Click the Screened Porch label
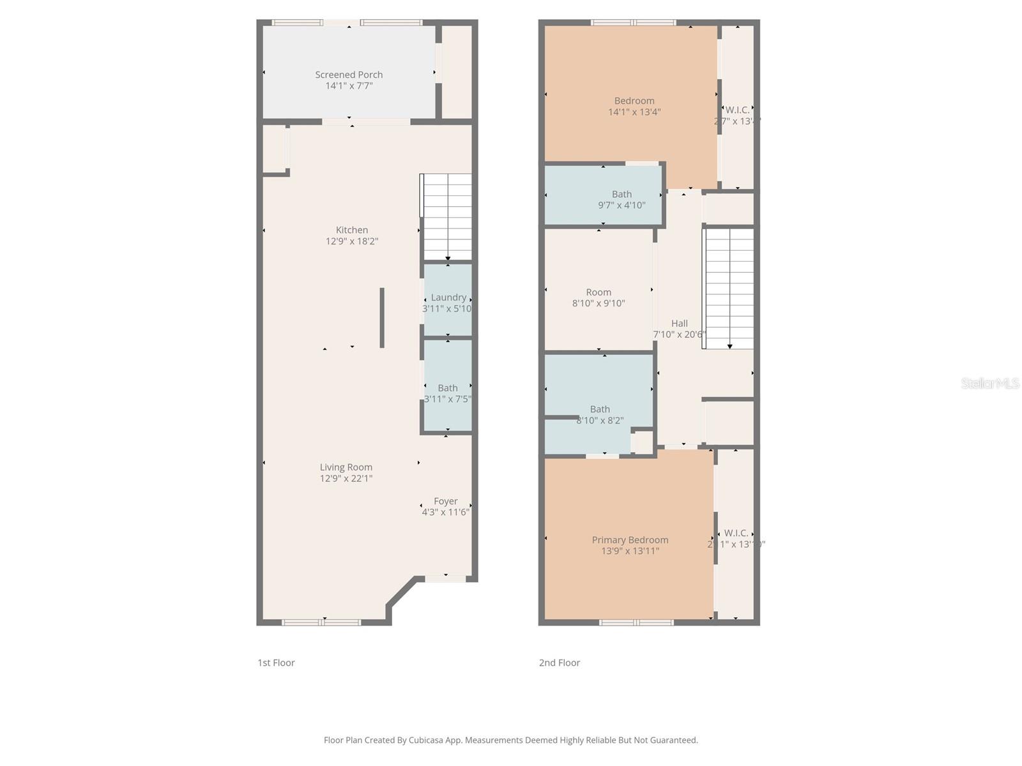pos(349,75)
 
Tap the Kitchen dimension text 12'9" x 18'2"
pos(352,241)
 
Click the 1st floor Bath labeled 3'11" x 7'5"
pos(448,388)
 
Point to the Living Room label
pos(346,467)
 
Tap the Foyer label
pos(446,501)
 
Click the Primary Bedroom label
pos(630,540)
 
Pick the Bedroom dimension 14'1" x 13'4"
pos(634,112)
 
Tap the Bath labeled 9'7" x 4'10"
pos(622,194)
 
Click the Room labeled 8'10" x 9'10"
pos(599,292)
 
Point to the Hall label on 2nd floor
pos(680,324)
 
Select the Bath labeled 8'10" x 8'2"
pos(600,409)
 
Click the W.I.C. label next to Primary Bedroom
pos(736,533)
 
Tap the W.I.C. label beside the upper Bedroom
pos(737,110)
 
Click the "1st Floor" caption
pos(276,663)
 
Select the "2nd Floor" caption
pos(560,663)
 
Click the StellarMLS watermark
pos(990,383)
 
